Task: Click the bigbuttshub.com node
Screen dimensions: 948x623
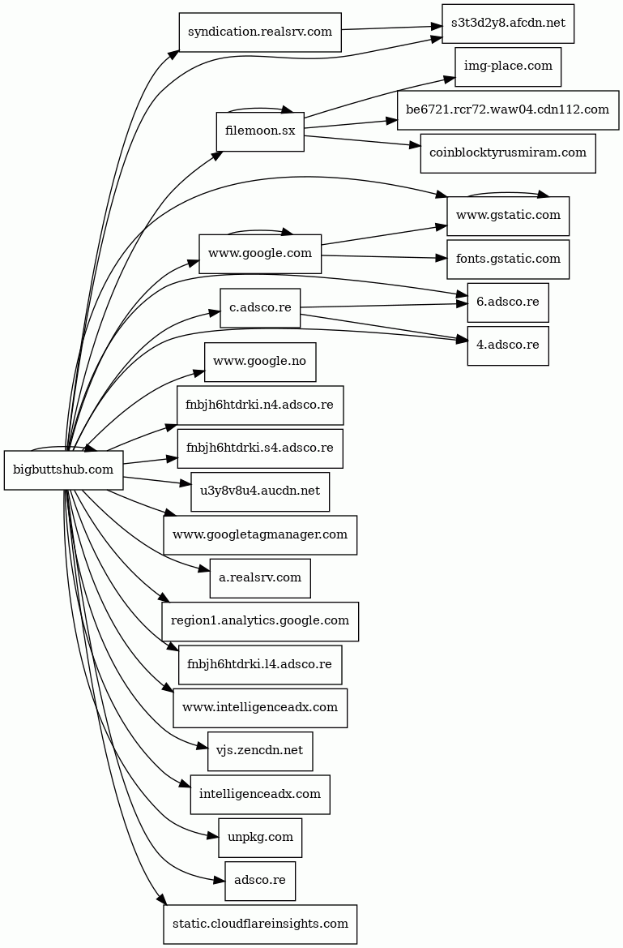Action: pyautogui.click(x=64, y=470)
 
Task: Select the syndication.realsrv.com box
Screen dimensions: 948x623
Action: pyautogui.click(x=259, y=32)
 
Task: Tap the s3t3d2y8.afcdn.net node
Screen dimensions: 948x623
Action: pyautogui.click(x=508, y=24)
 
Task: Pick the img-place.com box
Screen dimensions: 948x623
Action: pyautogui.click(x=508, y=66)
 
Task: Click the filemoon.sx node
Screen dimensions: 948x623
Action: pyautogui.click(x=260, y=131)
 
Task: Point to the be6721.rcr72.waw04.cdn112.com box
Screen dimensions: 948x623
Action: pyautogui.click(x=508, y=110)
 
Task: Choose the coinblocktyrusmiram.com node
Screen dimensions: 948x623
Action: pyautogui.click(x=508, y=153)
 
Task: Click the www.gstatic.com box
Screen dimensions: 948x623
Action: pyautogui.click(x=508, y=216)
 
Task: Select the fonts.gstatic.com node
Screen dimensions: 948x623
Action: pyautogui.click(x=508, y=260)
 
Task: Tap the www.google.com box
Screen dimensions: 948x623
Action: pyautogui.click(x=260, y=254)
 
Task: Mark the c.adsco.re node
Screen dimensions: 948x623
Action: pyautogui.click(x=260, y=308)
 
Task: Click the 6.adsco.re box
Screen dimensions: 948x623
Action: pyautogui.click(x=508, y=302)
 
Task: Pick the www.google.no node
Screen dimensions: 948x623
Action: pyautogui.click(x=260, y=362)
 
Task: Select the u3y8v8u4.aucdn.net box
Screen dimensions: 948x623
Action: pyautogui.click(x=260, y=491)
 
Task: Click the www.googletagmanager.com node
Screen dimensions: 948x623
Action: pyautogui.click(x=260, y=535)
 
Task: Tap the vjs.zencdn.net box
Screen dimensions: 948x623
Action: pyautogui.click(x=260, y=751)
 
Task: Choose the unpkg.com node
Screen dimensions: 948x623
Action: pyautogui.click(x=260, y=838)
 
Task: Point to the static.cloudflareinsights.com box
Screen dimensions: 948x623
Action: pyautogui.click(x=260, y=924)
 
